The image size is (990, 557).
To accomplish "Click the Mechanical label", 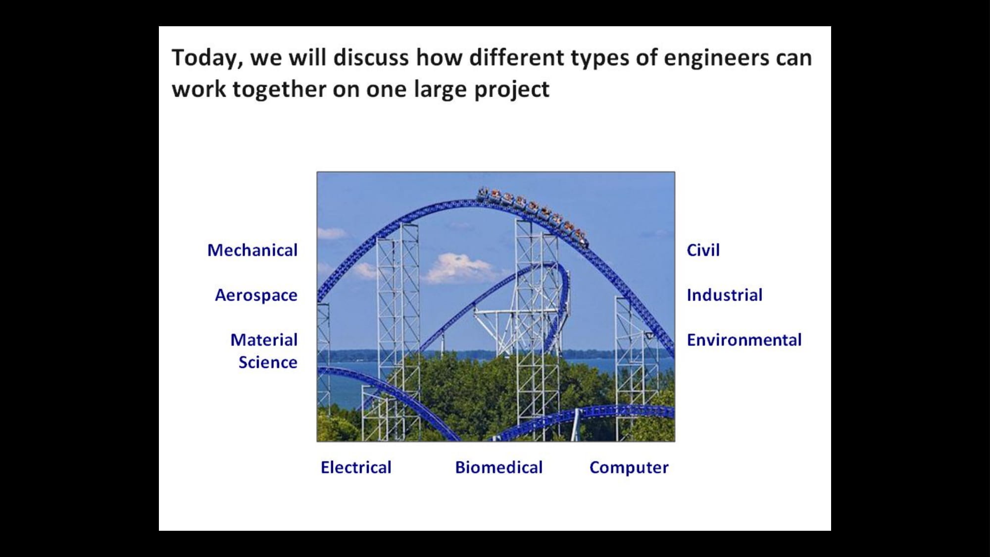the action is click(x=252, y=250).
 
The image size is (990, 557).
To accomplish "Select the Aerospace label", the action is click(x=256, y=296).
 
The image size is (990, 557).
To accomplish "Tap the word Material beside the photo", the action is click(x=264, y=340).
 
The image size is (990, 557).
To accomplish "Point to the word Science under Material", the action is click(x=268, y=362).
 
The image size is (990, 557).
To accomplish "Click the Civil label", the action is click(x=703, y=250).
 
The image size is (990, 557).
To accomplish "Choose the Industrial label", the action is click(x=724, y=295).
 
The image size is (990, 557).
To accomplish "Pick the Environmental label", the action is click(x=744, y=340).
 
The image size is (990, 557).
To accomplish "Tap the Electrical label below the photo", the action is click(x=356, y=467).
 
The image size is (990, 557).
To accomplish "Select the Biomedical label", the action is click(x=499, y=467).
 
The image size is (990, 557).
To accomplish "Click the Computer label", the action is click(x=629, y=468).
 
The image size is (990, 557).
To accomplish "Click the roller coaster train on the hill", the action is click(x=532, y=215).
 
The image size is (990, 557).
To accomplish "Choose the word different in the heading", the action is click(x=516, y=57).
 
